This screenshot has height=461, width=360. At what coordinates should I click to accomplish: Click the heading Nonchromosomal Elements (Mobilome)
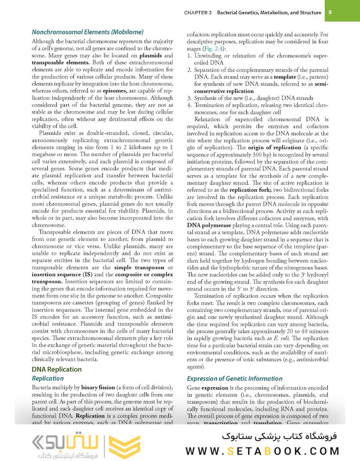click(x=87, y=32)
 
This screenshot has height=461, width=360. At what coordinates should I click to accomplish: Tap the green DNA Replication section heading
click(x=57, y=369)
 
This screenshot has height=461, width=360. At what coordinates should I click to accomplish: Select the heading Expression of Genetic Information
click(x=235, y=378)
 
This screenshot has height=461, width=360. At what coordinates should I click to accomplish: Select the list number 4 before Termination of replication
click(x=190, y=105)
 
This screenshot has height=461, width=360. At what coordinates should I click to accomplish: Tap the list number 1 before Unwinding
click(x=189, y=56)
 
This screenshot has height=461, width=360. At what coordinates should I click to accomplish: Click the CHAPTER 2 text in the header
click(x=198, y=13)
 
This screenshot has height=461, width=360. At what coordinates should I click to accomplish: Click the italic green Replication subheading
click(x=48, y=378)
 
